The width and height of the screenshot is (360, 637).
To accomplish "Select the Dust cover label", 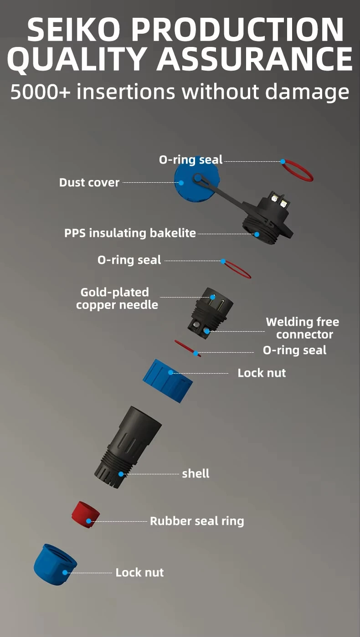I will coord(89,183).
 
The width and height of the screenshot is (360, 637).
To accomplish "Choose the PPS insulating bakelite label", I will coord(130,233).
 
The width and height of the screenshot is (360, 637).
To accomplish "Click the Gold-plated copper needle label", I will coord(117,298).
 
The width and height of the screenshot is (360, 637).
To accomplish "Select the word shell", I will coord(195,474).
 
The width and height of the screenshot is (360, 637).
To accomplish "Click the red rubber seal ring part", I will coord(86,515).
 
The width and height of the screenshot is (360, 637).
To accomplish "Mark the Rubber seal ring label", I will coord(197,521).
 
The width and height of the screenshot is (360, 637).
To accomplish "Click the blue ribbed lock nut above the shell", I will coord(167,380).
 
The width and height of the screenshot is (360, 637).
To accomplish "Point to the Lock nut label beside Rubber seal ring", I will coord(139,573).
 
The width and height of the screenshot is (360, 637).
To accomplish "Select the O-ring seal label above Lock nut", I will coord(294,350).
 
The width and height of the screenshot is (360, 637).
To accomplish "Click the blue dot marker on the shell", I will coord(121,474).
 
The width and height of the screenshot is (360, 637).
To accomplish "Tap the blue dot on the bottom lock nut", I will coord(65,572).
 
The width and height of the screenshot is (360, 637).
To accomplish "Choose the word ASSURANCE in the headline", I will coord(254,60).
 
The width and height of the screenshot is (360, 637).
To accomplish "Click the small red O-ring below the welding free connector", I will coord(187,348).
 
